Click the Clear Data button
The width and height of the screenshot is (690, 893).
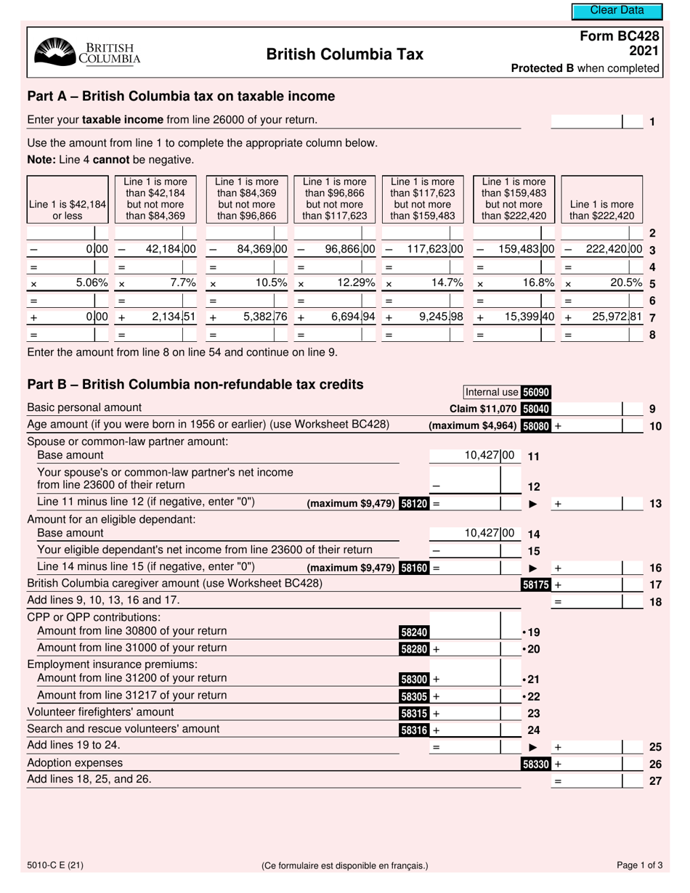(617, 10)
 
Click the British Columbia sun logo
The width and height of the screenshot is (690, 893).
(54, 53)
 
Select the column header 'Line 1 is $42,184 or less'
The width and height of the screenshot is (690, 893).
(67, 210)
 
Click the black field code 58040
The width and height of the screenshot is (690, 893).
(536, 409)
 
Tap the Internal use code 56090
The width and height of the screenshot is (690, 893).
(536, 392)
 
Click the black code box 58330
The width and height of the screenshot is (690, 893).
(536, 764)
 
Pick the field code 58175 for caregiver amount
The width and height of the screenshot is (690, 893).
(536, 584)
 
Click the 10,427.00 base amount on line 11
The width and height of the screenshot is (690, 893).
(489, 455)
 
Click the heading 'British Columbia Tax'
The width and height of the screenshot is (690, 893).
(344, 54)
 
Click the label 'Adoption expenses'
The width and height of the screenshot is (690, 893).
(75, 763)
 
